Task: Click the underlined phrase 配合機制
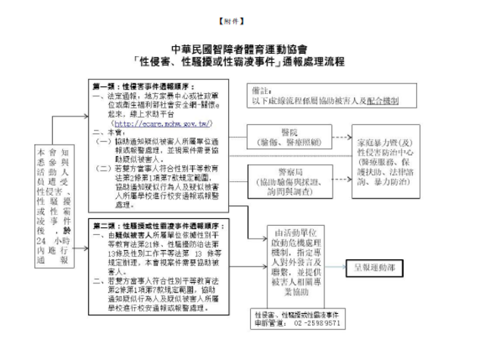point(383,99)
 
